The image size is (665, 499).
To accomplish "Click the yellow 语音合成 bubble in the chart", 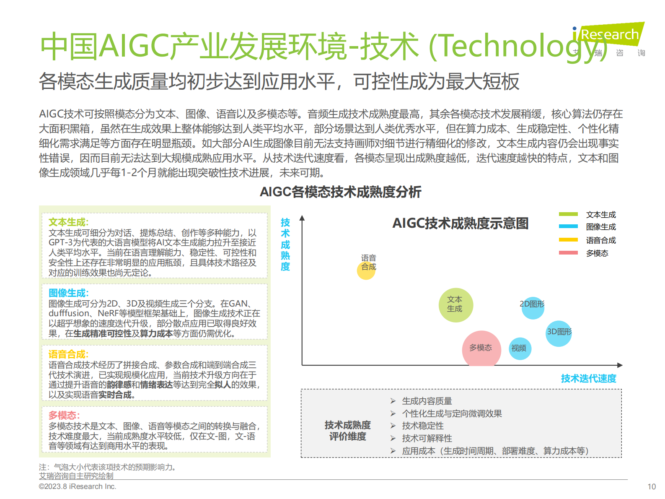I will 366,270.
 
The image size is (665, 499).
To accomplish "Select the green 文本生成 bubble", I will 456,305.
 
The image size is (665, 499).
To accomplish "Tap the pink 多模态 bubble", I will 481,349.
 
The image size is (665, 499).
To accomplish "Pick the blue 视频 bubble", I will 520,348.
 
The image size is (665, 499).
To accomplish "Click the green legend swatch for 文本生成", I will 568,214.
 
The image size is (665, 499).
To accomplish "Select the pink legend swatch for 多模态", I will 568,253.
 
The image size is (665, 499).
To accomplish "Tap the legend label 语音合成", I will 601,240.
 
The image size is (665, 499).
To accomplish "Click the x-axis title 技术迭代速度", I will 588,379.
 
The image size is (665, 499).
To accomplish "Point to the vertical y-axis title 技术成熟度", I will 285,244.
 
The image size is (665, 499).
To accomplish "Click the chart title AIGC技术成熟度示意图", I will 460,224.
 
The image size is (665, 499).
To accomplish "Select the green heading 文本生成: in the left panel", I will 69,222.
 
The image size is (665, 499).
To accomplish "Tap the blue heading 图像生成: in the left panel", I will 69,293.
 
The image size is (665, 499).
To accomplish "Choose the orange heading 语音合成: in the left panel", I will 69,354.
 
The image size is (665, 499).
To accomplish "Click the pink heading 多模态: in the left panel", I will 64,416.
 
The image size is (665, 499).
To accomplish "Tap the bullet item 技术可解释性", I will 427,439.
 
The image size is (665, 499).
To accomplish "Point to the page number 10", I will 652,487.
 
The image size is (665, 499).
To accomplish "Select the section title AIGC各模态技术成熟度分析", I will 340,192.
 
